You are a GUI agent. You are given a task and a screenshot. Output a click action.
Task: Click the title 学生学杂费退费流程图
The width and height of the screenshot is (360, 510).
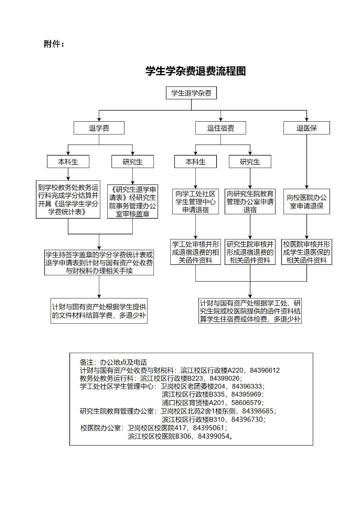(195, 71)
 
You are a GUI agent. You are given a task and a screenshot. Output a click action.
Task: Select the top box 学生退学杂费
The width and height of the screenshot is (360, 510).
(191, 93)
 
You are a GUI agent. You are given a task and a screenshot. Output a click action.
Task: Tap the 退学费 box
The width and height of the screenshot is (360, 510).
(99, 128)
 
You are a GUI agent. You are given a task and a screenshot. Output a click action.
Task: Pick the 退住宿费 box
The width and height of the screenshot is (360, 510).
(221, 128)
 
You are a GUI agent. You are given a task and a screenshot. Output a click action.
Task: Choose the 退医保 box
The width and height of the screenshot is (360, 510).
(306, 128)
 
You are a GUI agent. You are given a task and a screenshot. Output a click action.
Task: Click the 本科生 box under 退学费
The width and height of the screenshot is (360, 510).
(68, 162)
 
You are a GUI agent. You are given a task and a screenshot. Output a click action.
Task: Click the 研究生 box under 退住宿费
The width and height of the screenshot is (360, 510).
(250, 162)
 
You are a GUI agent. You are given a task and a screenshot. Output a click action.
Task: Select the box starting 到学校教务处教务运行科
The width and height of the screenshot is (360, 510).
(68, 200)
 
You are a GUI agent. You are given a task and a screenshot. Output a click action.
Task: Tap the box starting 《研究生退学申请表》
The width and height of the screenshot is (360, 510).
(132, 202)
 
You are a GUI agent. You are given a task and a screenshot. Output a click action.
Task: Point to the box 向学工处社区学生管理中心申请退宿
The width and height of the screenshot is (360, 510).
(195, 202)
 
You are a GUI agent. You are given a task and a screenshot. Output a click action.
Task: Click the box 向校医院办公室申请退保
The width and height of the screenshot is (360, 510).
(306, 202)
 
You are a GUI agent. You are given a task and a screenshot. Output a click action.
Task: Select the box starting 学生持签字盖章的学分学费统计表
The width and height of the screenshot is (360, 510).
(99, 263)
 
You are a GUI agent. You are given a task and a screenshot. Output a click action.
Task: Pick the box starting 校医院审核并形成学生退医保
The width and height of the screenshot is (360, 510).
(306, 252)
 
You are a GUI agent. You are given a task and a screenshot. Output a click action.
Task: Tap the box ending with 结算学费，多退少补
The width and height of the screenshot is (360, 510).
(99, 311)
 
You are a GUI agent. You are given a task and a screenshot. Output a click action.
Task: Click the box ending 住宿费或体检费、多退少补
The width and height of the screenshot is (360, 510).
(250, 311)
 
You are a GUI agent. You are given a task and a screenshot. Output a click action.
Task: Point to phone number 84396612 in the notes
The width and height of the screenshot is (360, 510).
(265, 371)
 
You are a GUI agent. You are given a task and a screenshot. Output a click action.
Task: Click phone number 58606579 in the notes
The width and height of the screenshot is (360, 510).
(246, 403)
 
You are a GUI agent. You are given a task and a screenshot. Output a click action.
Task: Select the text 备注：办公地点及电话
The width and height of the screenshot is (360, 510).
(113, 362)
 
